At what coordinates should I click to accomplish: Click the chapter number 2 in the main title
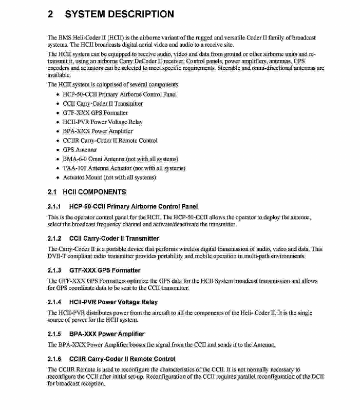pyautogui.click(x=51, y=14)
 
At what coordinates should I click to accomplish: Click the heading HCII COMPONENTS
pyautogui.click(x=94, y=192)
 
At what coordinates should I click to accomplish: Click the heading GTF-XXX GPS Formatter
pyautogui.click(x=104, y=270)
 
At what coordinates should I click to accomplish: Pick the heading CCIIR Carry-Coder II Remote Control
pyautogui.click(x=122, y=359)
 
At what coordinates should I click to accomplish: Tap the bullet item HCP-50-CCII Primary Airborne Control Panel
pyautogui.click(x=120, y=94)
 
